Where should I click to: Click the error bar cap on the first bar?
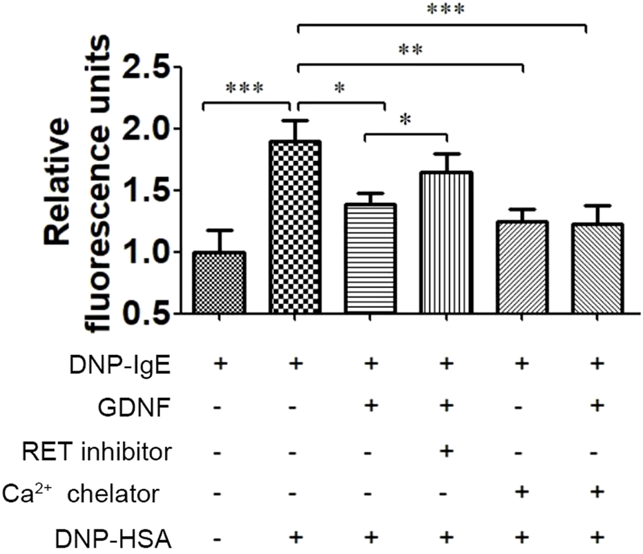[220, 231]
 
